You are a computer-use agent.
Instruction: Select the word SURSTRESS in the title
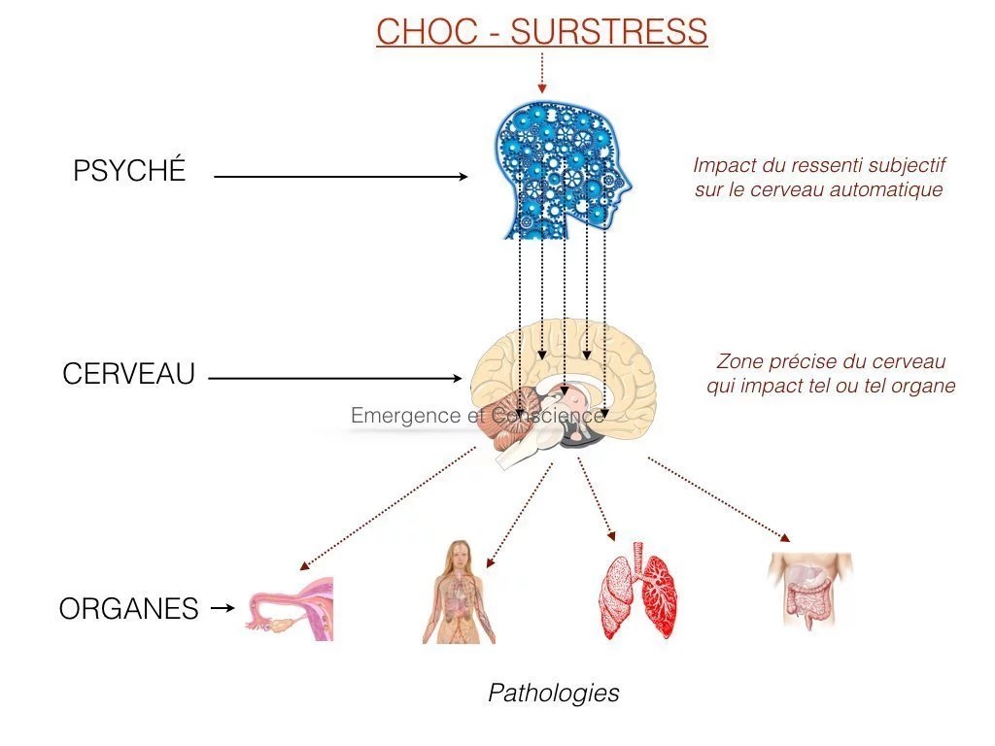point(608,32)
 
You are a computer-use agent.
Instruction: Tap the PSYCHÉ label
point(129,172)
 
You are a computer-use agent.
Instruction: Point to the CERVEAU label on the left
point(129,374)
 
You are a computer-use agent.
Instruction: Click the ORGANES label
point(129,609)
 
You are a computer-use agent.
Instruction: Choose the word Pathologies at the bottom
point(553,693)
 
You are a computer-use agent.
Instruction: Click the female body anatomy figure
point(458,592)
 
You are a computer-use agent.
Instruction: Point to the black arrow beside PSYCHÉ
point(340,177)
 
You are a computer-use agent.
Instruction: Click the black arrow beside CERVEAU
point(335,378)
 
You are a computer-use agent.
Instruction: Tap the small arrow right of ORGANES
point(223,608)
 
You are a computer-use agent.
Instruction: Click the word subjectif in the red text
point(909,166)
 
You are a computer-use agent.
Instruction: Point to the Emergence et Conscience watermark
point(476,416)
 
